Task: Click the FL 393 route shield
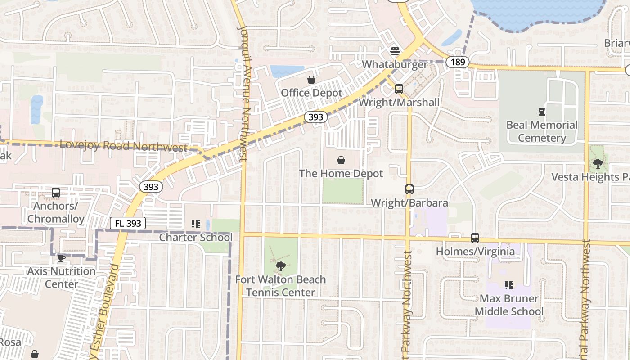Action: [x=128, y=223]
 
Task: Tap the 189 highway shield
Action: [x=458, y=62]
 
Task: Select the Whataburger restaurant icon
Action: [x=395, y=51]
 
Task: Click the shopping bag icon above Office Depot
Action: [x=311, y=80]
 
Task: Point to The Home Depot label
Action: [x=341, y=173]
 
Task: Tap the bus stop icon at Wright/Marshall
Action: [x=399, y=89]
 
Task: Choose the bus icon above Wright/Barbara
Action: [x=409, y=189]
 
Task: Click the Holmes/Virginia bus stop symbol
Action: [x=475, y=238]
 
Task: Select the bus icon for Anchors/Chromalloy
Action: [x=56, y=193]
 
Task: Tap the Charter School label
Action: [x=196, y=237]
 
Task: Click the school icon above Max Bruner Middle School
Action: [x=509, y=285]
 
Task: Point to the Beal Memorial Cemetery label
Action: [x=542, y=131]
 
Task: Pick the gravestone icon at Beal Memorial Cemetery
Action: [x=542, y=112]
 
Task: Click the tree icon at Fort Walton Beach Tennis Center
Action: [x=280, y=266]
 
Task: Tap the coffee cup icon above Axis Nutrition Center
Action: [x=62, y=258]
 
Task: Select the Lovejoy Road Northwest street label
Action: [x=123, y=146]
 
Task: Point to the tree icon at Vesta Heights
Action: [x=598, y=164]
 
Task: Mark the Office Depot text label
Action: [x=311, y=93]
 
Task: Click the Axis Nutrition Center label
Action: [x=62, y=278]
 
